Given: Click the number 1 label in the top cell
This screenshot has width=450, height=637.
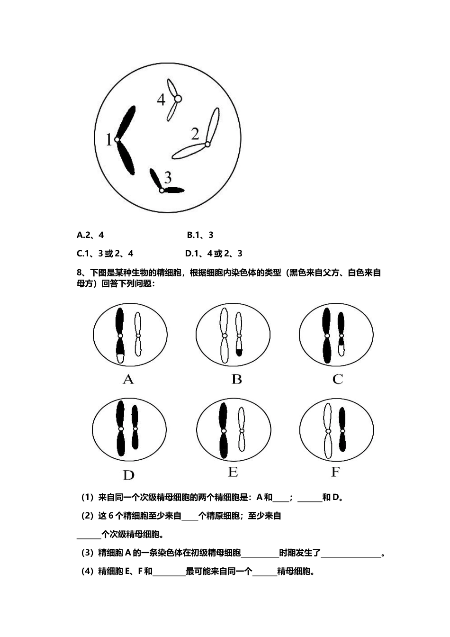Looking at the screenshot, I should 109,140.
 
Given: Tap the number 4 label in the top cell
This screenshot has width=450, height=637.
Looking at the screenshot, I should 161,100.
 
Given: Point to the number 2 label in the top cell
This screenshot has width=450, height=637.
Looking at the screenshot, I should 195,135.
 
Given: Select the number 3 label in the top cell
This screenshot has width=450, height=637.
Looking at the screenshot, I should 168,178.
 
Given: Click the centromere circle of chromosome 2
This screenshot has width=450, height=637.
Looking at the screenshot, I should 207,144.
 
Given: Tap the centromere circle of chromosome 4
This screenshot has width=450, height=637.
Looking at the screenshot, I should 178,99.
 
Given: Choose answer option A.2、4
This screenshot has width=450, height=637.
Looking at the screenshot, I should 90,235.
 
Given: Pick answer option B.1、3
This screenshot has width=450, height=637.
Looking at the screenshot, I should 200,235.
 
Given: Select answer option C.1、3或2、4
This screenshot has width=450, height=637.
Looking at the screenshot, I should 105,254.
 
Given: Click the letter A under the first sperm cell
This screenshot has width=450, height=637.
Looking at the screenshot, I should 128,380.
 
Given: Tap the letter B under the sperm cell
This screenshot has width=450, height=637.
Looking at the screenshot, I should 236,379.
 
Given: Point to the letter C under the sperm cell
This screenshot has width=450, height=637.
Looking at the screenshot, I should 338,379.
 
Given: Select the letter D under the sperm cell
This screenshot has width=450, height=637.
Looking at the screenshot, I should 128,475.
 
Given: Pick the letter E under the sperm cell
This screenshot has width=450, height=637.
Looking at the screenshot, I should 233,473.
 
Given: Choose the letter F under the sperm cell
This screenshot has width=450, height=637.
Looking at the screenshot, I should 335,473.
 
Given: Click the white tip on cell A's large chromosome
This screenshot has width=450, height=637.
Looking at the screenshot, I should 120,358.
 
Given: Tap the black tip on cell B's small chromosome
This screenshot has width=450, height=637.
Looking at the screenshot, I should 239,352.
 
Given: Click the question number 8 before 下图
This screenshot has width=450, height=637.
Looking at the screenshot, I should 79,273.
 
